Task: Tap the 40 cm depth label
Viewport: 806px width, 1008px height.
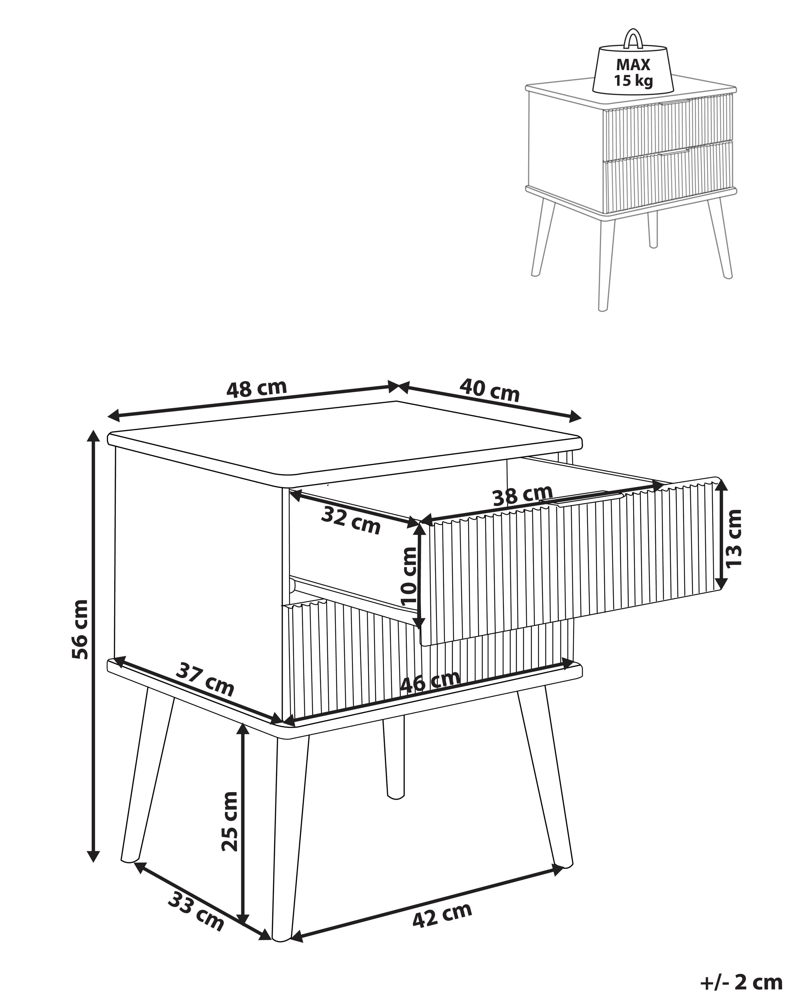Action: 489,390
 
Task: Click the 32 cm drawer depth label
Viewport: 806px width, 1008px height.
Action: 351,521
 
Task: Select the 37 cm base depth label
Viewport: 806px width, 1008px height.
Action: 205,679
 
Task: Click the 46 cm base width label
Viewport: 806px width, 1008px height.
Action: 430,681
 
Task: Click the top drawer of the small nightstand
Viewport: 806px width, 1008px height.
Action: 668,126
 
